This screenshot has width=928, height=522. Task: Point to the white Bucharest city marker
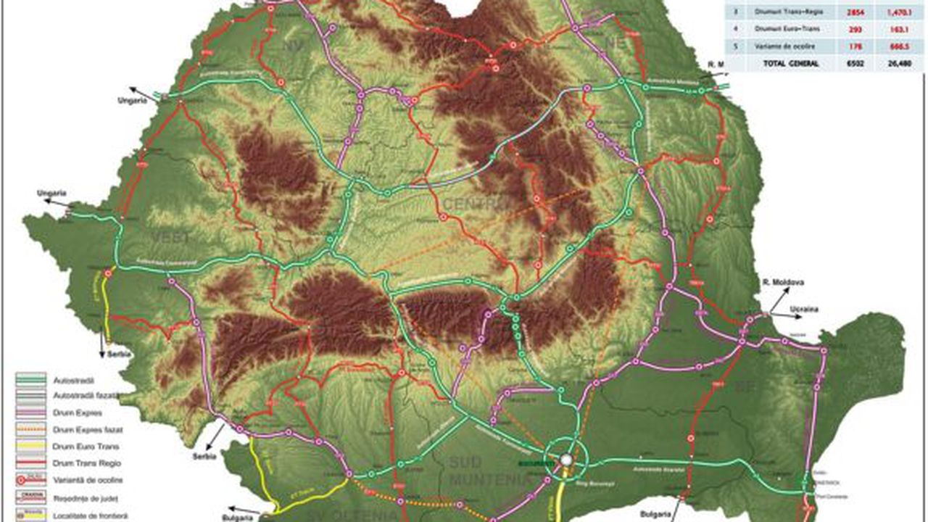[x=566, y=460]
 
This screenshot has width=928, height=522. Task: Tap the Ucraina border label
[x=804, y=310]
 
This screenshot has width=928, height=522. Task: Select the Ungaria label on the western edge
[x=53, y=193]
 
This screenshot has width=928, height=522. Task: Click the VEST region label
[x=170, y=238]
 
